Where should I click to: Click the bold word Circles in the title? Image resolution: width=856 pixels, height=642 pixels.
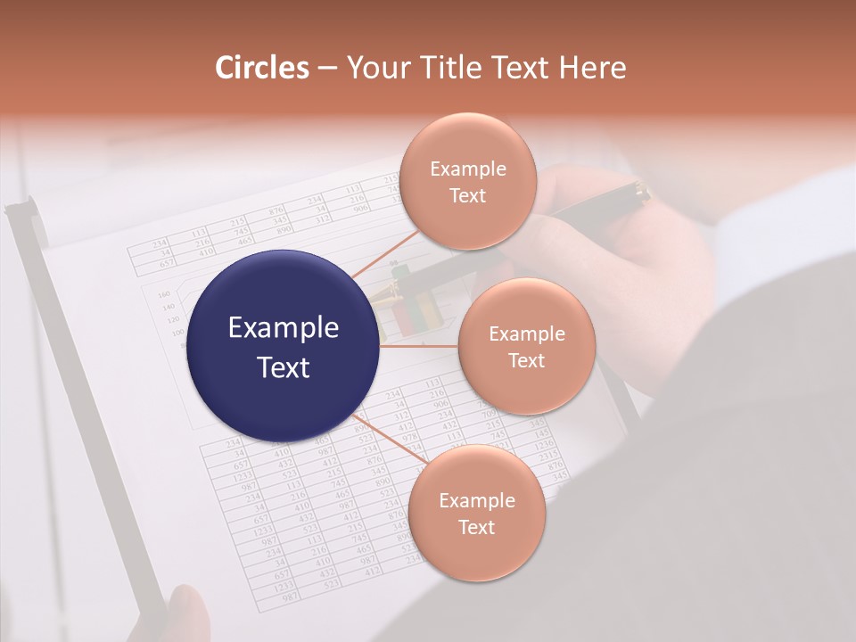point(262,68)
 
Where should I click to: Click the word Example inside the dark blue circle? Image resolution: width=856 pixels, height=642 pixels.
point(284,328)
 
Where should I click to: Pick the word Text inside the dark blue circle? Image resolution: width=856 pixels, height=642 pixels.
point(284,367)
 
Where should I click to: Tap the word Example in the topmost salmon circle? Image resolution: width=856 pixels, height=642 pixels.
point(468,169)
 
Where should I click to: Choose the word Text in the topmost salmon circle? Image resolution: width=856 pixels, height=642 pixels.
point(468,196)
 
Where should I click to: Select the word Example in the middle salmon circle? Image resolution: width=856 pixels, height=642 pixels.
point(527,334)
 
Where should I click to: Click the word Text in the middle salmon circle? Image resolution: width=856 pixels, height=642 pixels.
point(527,361)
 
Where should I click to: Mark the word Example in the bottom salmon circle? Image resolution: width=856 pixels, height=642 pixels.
point(477,501)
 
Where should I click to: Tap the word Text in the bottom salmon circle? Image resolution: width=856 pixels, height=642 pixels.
point(477,528)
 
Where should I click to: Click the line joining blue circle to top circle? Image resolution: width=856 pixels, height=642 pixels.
point(383,254)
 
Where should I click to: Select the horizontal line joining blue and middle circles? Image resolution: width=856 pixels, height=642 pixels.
point(419,346)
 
